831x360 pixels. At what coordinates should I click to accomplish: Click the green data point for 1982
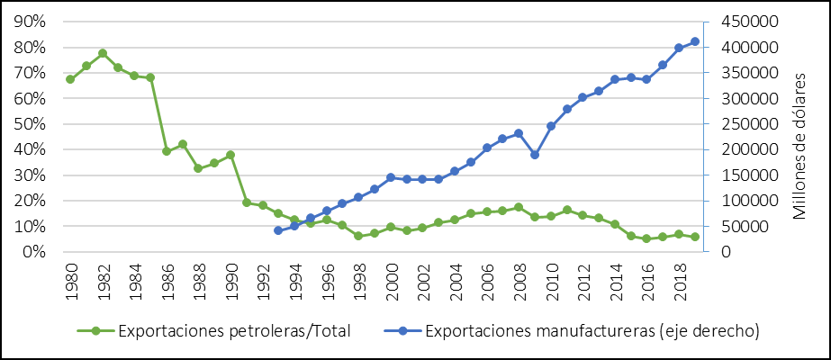[x=103, y=53]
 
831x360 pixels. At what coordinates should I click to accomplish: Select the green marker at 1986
[x=167, y=151]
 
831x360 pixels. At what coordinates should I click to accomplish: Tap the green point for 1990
[x=230, y=155]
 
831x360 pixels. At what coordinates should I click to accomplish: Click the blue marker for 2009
[x=535, y=155]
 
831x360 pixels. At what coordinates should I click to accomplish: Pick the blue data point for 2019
[x=695, y=41]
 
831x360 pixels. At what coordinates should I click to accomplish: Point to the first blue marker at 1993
[x=278, y=231]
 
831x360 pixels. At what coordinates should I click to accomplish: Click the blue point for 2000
[x=391, y=177]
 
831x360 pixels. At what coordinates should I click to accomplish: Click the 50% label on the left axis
[x=32, y=124]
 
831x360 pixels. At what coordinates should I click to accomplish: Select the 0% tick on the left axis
[x=35, y=253]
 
